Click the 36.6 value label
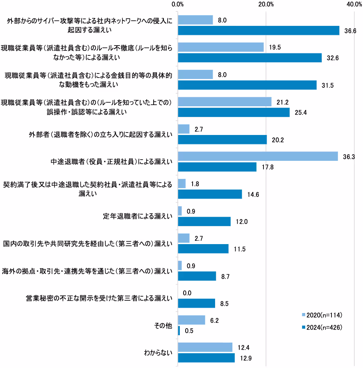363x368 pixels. tap(351, 31)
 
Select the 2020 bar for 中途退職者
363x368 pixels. tap(258, 156)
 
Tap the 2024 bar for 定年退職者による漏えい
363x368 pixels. tap(204, 222)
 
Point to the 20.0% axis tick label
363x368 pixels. tap(266, 5)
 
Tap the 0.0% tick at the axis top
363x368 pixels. tap(178, 5)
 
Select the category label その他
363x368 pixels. tap(163, 325)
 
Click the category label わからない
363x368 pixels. tap(158, 352)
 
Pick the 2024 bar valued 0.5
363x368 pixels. tap(179, 331)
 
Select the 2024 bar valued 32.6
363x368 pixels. tap(250, 58)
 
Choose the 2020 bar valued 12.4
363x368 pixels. tap(205, 347)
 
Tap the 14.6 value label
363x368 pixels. tap(253, 194)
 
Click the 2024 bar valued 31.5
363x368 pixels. tap(247, 85)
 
